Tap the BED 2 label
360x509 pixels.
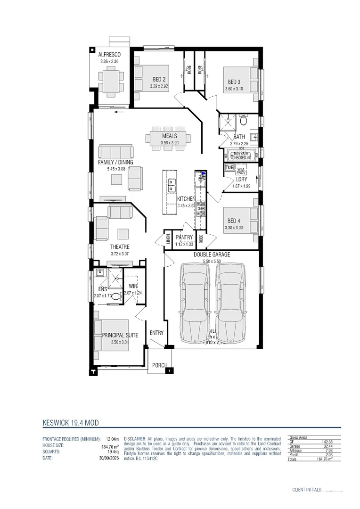[159, 79]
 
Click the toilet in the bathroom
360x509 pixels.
[243, 121]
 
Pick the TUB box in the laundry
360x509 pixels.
[229, 168]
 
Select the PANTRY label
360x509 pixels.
[184, 238]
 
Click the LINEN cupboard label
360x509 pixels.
[167, 239]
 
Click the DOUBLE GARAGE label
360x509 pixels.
[212, 254]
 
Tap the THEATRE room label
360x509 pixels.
[120, 247]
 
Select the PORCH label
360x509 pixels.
[160, 365]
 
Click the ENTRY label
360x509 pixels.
[156, 333]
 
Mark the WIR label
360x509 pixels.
[132, 286]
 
